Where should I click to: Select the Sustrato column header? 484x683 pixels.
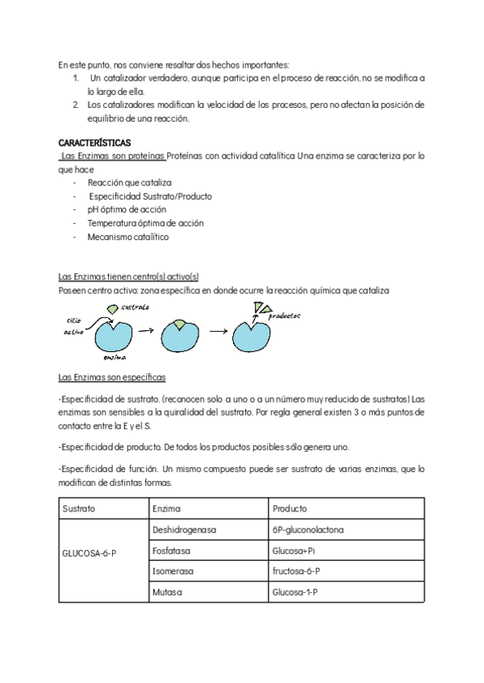coord(78,509)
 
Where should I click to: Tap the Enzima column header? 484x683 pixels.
coord(166,509)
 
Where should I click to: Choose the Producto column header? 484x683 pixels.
coord(290,509)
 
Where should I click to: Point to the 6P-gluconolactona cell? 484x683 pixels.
coord(308,530)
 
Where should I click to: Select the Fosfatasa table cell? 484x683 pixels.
coord(171,551)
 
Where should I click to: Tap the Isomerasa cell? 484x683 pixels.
coord(173,572)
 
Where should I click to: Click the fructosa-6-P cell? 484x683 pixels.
coord(297,572)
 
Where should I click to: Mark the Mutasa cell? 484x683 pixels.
coord(167,592)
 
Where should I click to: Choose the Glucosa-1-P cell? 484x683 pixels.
coord(295,592)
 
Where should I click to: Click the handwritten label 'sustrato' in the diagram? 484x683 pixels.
coord(134,307)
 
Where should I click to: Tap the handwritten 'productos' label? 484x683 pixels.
coord(285,317)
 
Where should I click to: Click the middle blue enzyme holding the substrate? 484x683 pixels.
coord(179,332)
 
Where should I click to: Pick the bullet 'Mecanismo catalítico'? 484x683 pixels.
coord(129,237)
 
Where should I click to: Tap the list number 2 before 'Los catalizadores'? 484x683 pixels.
coord(74,105)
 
